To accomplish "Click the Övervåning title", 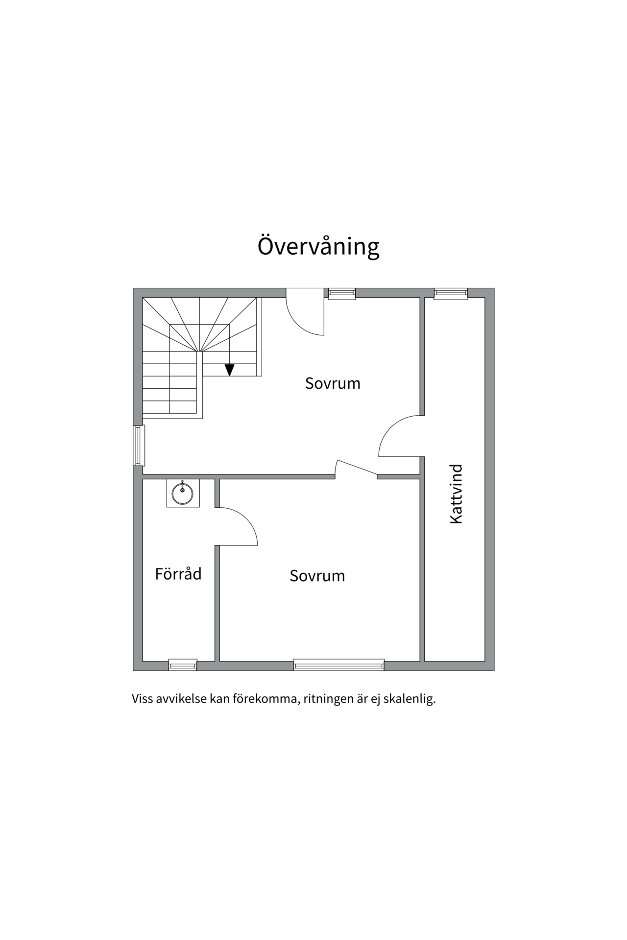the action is pos(318,247).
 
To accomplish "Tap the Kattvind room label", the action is pos(456,494).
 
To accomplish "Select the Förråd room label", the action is pos(178,573).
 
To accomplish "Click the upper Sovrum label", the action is pos(333,383).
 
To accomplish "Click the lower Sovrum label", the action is pos(317,575).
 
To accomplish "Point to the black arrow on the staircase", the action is pos(229,370).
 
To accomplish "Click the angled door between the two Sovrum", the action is pos(356,468).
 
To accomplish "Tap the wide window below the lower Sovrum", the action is pos(338,665).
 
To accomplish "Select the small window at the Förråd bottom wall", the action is pos(183,665).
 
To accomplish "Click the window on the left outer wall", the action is pos(139,445).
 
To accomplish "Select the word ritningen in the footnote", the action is pos(328,699).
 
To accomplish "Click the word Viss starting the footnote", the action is pos(142,699).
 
